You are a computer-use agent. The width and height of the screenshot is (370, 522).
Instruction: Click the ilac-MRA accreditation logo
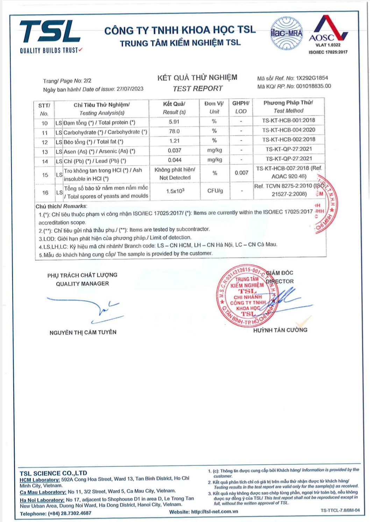tap(286, 33)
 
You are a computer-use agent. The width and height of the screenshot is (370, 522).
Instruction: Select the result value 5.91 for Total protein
tap(174, 122)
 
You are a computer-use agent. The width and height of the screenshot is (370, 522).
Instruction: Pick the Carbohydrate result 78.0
tap(174, 131)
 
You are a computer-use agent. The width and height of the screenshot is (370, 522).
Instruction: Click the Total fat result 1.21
tap(174, 141)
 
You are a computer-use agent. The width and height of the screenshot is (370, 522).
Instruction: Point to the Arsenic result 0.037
tap(175, 150)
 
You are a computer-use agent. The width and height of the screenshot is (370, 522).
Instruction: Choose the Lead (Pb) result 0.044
tap(175, 160)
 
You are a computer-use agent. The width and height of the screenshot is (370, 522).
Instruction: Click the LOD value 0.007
tap(241, 173)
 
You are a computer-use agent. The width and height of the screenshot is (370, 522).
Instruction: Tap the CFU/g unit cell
tap(215, 191)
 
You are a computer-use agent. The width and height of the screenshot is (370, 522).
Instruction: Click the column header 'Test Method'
tap(288, 111)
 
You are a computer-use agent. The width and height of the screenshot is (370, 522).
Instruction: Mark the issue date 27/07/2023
tap(130, 89)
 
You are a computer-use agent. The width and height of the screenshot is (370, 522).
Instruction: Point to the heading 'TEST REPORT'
tap(198, 88)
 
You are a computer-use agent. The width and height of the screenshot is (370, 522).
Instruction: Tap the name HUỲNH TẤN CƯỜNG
tap(280, 330)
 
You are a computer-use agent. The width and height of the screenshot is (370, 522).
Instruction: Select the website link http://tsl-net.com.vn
tap(214, 512)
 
